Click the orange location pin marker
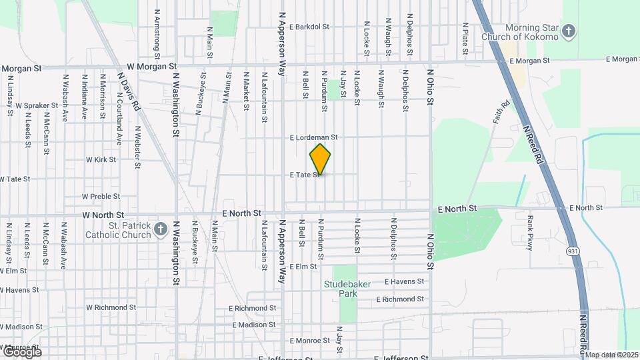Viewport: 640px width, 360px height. pyautogui.click(x=321, y=159)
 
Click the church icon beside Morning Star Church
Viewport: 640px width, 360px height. pyautogui.click(x=568, y=31)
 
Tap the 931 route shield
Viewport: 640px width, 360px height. pyautogui.click(x=573, y=251)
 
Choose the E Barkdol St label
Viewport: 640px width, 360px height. pyautogui.click(x=311, y=27)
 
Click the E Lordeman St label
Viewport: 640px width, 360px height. pyautogui.click(x=313, y=137)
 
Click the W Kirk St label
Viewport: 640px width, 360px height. pyautogui.click(x=101, y=160)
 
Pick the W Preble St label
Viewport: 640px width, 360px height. pyautogui.click(x=101, y=197)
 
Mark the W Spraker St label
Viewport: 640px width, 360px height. pyautogui.click(x=37, y=105)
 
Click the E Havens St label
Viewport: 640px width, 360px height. pyautogui.click(x=404, y=282)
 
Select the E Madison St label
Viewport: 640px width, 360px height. pyautogui.click(x=254, y=325)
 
